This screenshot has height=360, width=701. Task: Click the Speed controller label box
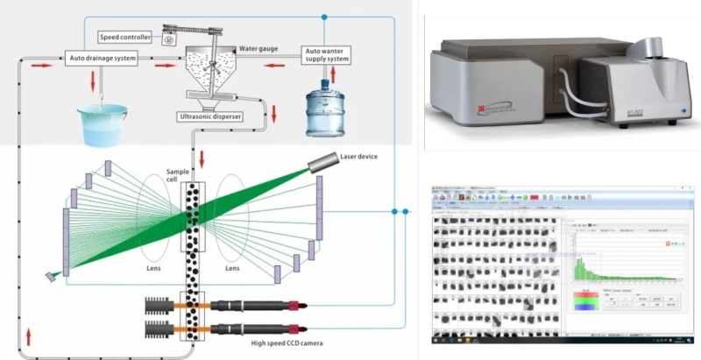tap(124, 37)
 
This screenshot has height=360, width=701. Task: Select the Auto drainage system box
tap(102, 60)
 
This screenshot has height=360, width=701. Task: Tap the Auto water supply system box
tap(326, 54)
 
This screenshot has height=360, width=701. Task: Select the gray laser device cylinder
tap(326, 161)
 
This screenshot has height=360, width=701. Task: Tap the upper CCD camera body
tap(250, 305)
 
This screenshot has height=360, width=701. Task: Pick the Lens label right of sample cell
tap(231, 269)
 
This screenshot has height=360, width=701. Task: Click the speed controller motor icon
tap(170, 38)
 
